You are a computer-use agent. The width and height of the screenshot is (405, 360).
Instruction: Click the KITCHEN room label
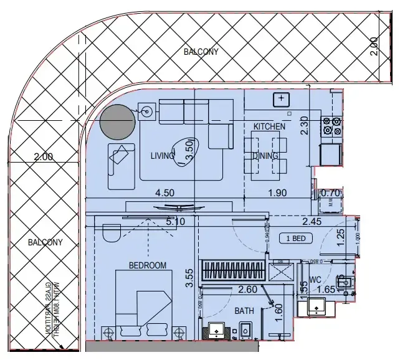pyautogui.click(x=269, y=126)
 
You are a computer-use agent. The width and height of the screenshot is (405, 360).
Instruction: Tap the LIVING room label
pyautogui.click(x=162, y=156)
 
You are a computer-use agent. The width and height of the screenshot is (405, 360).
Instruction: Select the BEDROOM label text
pyautogui.click(x=148, y=265)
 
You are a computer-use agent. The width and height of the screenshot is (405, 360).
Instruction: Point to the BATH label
pyautogui.click(x=244, y=310)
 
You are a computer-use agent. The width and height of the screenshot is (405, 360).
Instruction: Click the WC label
pyautogui.click(x=315, y=280)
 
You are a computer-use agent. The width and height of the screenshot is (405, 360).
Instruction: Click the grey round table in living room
pyautogui.click(x=118, y=121)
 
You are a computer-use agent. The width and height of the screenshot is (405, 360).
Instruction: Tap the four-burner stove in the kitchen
pyautogui.click(x=331, y=126)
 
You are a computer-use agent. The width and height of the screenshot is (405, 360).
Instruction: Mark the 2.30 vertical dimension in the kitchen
pyautogui.click(x=305, y=126)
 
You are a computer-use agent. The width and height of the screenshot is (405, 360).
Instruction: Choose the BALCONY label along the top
pyautogui.click(x=201, y=52)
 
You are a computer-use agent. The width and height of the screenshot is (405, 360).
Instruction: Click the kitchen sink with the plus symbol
pyautogui.click(x=282, y=99)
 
